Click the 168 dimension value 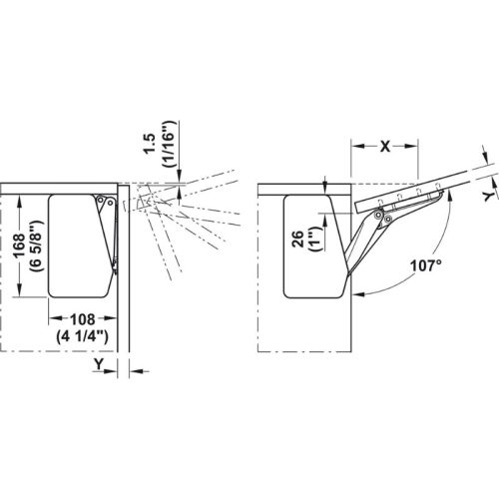[19, 246]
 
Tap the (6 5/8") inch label [36, 246]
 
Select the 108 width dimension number [83, 319]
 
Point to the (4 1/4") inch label [82, 336]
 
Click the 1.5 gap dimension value [150, 144]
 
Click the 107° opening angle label [426, 265]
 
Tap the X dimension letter [385, 146]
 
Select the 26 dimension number [298, 239]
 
